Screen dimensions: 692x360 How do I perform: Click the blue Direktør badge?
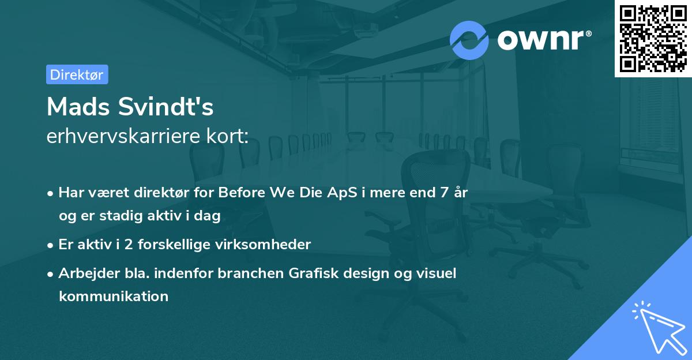click(77, 74)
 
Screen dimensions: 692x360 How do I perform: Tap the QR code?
click(653, 39)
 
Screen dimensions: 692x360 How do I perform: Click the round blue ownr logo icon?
click(469, 40)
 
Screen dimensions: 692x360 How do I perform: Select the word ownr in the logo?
click(540, 40)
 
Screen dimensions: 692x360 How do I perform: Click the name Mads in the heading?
click(78, 107)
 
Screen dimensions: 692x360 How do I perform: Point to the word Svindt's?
click(166, 107)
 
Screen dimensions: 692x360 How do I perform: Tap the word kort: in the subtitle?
click(227, 136)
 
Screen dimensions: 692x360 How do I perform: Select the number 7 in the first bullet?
click(444, 193)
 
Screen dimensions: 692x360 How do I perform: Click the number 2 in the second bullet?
click(129, 245)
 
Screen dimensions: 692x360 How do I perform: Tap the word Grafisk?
click(314, 273)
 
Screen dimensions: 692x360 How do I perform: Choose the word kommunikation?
click(114, 296)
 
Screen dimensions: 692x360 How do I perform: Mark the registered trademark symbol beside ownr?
click(588, 33)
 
